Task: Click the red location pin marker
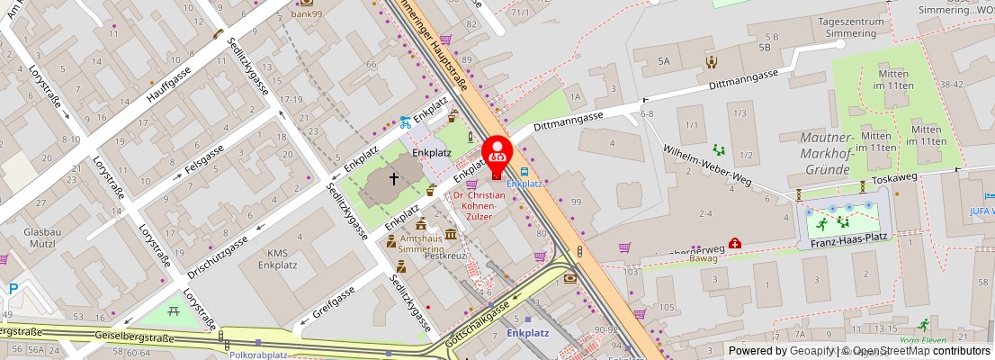pyautogui.click(x=497, y=153)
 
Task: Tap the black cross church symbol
pyautogui.click(x=394, y=179)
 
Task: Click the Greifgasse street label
pyautogui.click(x=336, y=303)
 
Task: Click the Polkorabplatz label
pyautogui.click(x=258, y=354)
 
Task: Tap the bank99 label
pyautogui.click(x=307, y=13)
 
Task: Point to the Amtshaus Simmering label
pyautogui.click(x=421, y=242)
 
